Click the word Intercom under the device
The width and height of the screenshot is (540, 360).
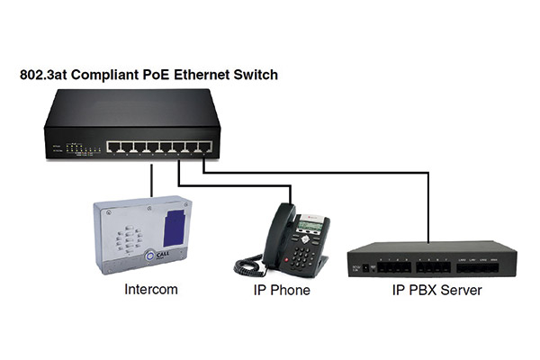pos(151,290)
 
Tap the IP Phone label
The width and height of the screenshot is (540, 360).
pos(282,290)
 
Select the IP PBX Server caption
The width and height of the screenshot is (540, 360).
pos(437,290)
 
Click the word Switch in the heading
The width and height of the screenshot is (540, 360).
pos(256,75)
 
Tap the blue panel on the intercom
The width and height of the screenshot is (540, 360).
pos(175,228)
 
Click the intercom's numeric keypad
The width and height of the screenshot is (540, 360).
pos(130,238)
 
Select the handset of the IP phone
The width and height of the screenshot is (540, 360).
pos(277,234)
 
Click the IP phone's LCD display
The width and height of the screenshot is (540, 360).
pos(310,226)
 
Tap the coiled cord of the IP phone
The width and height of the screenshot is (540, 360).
pos(248,265)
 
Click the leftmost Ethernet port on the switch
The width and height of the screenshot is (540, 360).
pos(113,147)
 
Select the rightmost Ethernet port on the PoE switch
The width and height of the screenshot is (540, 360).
pos(205,147)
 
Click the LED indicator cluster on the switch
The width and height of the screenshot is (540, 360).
pos(83,148)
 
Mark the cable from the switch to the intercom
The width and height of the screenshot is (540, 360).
pos(151,181)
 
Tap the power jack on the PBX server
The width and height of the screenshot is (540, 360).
pos(366,267)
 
